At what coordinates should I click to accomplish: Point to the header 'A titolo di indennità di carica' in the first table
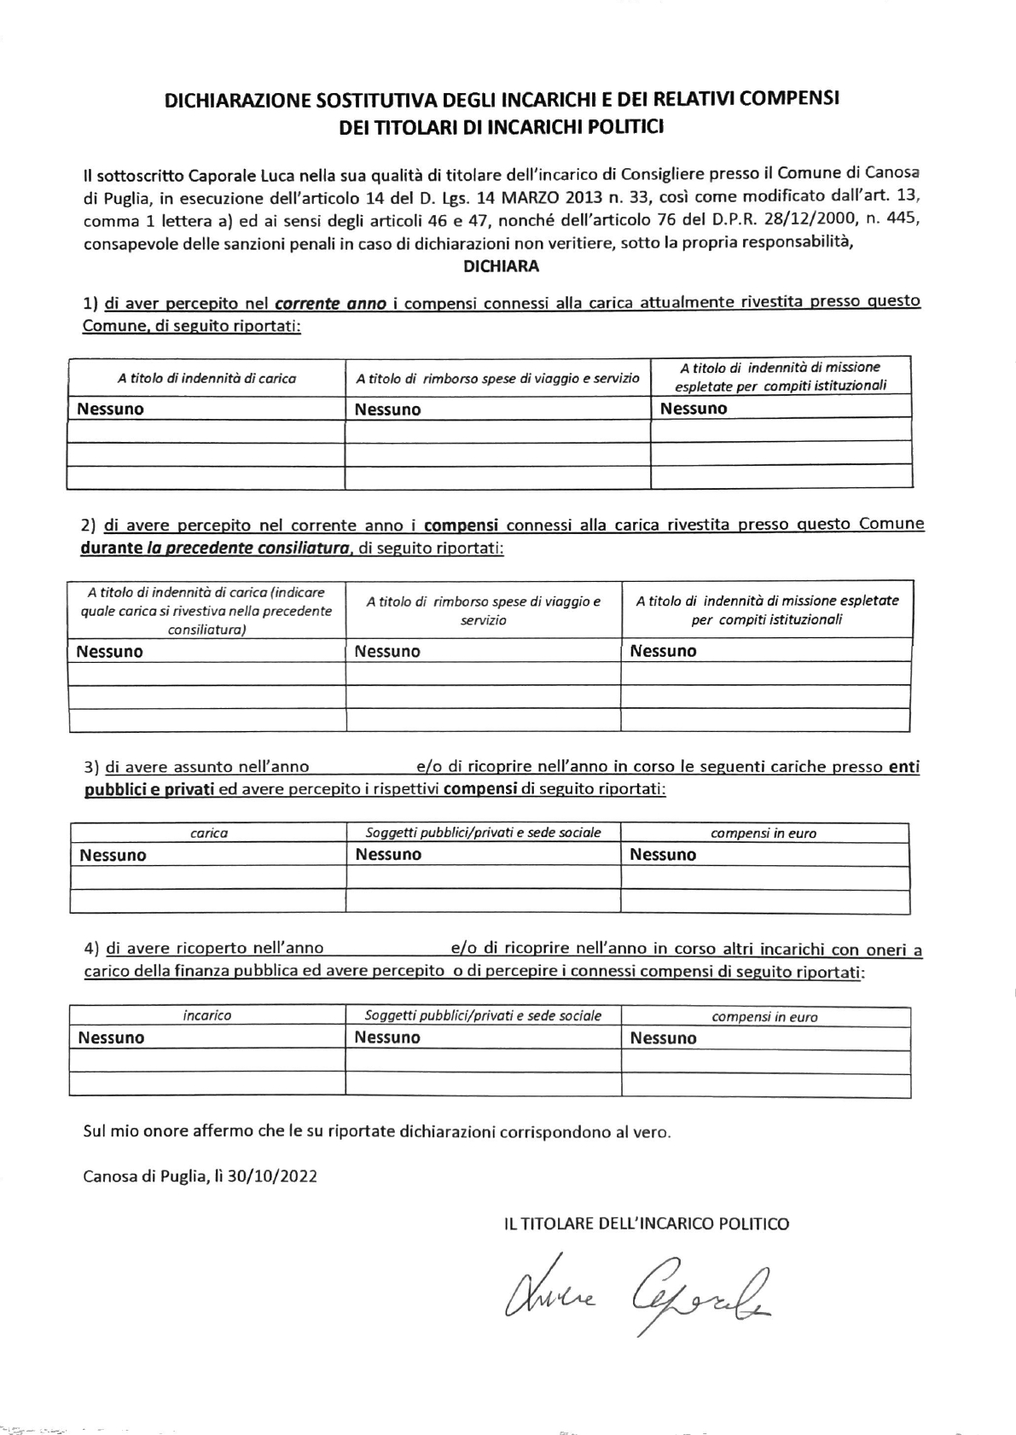tap(206, 378)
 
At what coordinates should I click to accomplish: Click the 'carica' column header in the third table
tap(208, 833)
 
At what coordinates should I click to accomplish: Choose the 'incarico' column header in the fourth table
tap(206, 1015)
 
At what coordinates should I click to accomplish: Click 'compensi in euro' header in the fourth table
tap(764, 1016)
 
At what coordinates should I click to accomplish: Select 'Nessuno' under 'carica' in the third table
tap(113, 855)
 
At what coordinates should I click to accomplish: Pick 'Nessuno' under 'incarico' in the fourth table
tap(112, 1037)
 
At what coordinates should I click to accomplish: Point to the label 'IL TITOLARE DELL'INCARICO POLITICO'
tap(647, 1223)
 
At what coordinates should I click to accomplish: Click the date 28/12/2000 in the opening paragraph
tap(795, 221)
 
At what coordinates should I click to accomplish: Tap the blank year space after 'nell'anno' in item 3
tap(362, 767)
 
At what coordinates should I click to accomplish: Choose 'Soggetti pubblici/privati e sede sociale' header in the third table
tap(483, 832)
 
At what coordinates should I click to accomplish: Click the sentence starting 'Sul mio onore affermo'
tap(377, 1132)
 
